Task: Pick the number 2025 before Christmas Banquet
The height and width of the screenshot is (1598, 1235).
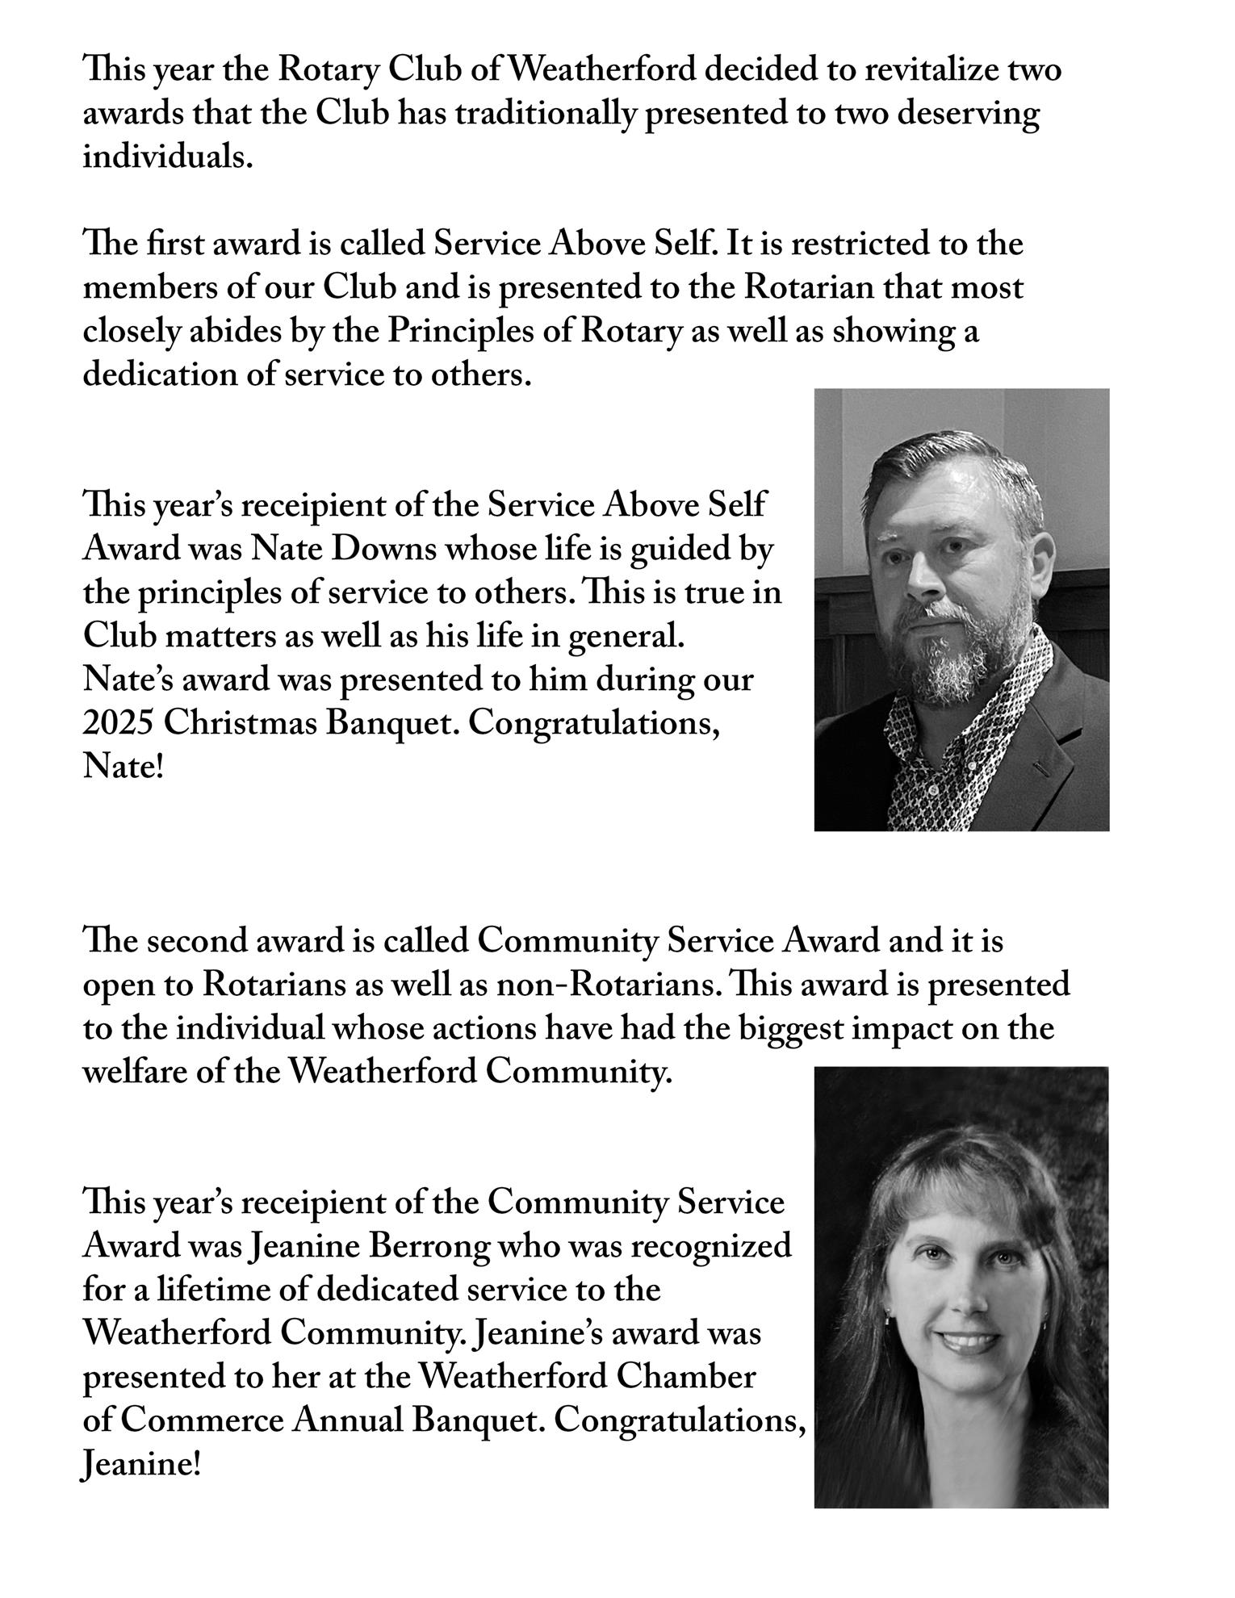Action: (x=118, y=723)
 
